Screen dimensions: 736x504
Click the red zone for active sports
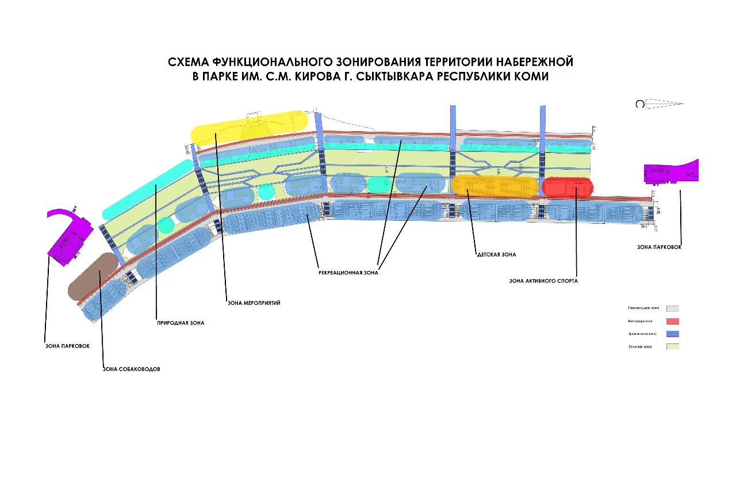pos(566,188)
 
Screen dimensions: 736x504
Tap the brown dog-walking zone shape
pos(92,277)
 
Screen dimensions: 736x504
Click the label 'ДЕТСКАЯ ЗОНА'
pos(496,254)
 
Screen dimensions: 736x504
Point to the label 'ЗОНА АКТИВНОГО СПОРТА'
pos(543,281)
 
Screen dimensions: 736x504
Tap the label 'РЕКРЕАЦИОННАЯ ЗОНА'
pos(348,273)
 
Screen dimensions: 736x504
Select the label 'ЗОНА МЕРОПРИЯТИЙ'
pos(254,303)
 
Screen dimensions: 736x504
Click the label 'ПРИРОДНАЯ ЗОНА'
pos(181,323)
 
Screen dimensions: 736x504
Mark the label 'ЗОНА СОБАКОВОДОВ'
pos(131,369)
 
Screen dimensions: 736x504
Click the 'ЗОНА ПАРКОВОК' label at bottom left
pos(67,346)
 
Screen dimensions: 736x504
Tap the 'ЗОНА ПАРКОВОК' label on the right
pos(659,247)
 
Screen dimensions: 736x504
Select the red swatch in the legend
pos(673,321)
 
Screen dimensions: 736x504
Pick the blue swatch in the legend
pos(673,334)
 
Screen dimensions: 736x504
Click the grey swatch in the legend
pos(673,308)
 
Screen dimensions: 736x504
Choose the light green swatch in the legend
pos(673,346)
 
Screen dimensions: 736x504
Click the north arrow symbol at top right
pos(660,104)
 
